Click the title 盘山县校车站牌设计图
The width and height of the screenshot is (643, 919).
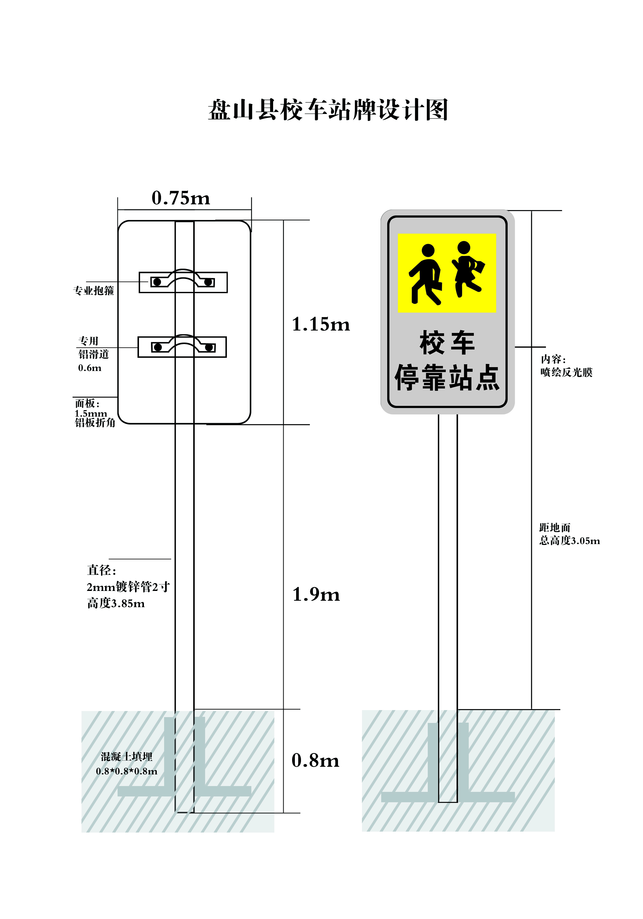pos(328,110)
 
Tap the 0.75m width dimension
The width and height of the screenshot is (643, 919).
pos(181,198)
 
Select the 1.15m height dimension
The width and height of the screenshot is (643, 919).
pos(321,324)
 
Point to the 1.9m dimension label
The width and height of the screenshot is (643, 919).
pos(316,594)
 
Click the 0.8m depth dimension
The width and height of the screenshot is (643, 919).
pos(315,761)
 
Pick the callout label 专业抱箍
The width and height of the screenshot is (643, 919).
pos(94,291)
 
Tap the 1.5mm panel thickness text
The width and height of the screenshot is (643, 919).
pos(91,413)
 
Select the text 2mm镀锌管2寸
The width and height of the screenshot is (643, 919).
pos(128,587)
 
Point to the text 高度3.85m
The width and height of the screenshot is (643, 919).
pos(116,603)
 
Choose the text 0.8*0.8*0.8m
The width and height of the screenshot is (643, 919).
pos(126,771)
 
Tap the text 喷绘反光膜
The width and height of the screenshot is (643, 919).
pos(566,372)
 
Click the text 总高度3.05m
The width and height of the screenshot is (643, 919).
pos(570,541)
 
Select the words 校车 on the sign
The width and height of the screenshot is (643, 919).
pos(447,342)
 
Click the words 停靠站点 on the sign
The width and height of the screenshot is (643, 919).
pos(447,377)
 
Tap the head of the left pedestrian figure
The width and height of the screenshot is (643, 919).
pos(428,250)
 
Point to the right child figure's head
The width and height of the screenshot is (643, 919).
pos(464,247)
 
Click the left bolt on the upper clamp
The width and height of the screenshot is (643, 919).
pos(157,282)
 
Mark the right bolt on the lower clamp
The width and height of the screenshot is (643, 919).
pos(209,347)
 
